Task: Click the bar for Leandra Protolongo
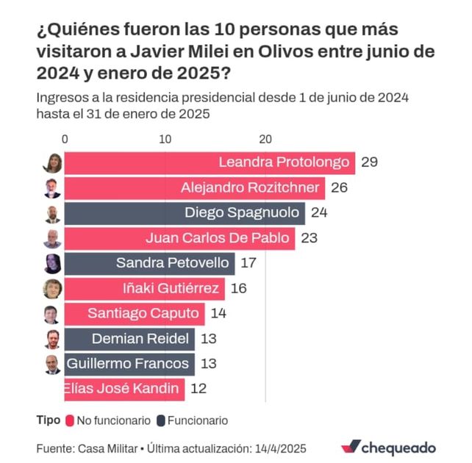coord(210,162)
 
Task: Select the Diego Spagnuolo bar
coord(184,213)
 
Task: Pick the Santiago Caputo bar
coord(135,314)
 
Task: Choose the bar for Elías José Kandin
coord(124,388)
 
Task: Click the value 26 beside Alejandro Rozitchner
coord(339,187)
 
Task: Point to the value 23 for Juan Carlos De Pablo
coord(309,238)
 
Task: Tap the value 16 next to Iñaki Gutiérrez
coord(238,288)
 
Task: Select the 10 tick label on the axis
coord(165,139)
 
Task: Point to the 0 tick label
coord(65,139)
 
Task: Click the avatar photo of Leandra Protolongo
coord(52,163)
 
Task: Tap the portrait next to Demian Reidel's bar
coord(52,339)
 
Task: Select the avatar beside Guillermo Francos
coord(52,364)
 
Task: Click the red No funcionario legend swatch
coord(71,421)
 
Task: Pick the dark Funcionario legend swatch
coord(160,421)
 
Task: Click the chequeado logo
coord(389,447)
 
